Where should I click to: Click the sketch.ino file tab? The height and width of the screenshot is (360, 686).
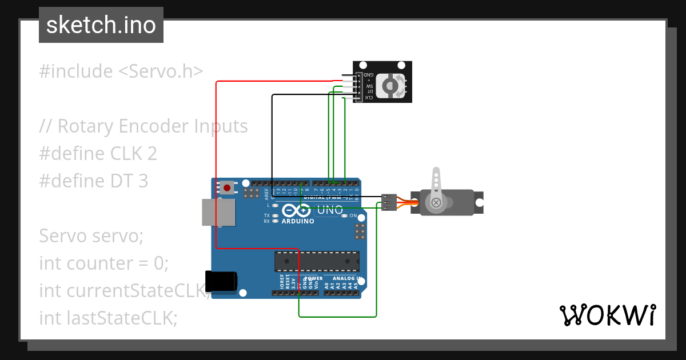pyautogui.click(x=101, y=25)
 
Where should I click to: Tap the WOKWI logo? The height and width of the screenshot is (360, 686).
pyautogui.click(x=607, y=315)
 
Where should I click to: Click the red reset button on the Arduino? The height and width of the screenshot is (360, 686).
pyautogui.click(x=228, y=187)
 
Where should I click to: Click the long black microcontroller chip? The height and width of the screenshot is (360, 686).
pyautogui.click(x=317, y=261)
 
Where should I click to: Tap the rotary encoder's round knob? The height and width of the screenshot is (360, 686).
pyautogui.click(x=390, y=86)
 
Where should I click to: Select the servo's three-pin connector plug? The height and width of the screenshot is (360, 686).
pyautogui.click(x=389, y=202)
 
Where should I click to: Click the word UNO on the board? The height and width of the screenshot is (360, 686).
pyautogui.click(x=330, y=210)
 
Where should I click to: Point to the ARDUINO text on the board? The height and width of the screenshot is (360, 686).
pyautogui.click(x=298, y=221)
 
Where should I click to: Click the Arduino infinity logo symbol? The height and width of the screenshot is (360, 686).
pyautogui.click(x=297, y=210)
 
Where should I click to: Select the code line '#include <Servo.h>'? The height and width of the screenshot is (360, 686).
pyautogui.click(x=121, y=71)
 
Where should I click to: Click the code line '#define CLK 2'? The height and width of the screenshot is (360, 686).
pyautogui.click(x=98, y=154)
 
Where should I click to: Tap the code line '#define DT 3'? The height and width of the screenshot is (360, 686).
pyautogui.click(x=93, y=181)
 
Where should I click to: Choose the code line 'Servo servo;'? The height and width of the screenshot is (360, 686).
pyautogui.click(x=91, y=235)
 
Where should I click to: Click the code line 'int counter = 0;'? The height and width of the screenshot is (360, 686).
pyautogui.click(x=104, y=263)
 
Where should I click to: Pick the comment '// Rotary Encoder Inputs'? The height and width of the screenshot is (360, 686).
pyautogui.click(x=143, y=126)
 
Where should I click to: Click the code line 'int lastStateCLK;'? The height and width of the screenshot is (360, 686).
pyautogui.click(x=108, y=318)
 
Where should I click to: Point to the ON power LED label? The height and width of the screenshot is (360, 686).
pyautogui.click(x=353, y=216)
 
